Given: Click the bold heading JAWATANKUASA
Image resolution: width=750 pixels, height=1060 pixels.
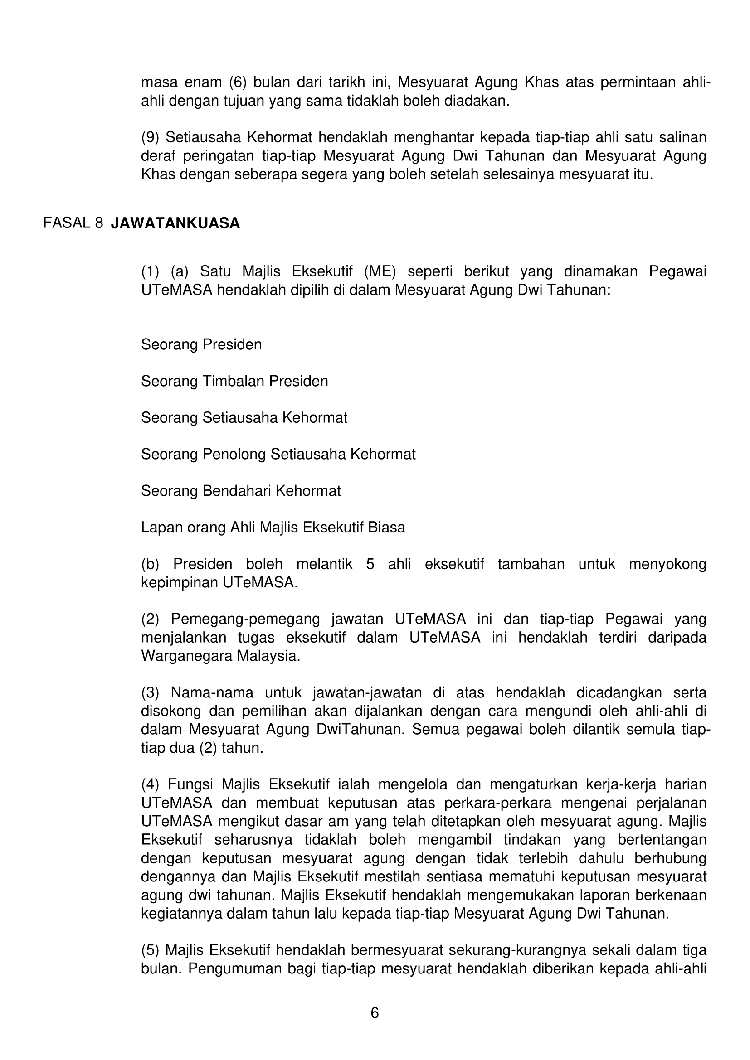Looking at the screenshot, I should point(175,223).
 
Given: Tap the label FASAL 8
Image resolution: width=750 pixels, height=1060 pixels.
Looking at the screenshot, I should point(73,223).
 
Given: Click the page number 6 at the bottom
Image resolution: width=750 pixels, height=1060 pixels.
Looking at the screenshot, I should point(375,1013).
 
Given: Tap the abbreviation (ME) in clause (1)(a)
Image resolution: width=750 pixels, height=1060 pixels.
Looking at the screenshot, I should point(380,272).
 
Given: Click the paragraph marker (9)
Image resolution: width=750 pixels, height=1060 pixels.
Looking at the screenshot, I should point(150,138).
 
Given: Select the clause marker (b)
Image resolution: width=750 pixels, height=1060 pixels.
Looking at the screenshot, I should point(150,564).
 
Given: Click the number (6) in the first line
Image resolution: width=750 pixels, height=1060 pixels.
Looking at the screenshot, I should point(239,82).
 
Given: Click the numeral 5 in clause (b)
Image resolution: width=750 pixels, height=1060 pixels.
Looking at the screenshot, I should point(370,564).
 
